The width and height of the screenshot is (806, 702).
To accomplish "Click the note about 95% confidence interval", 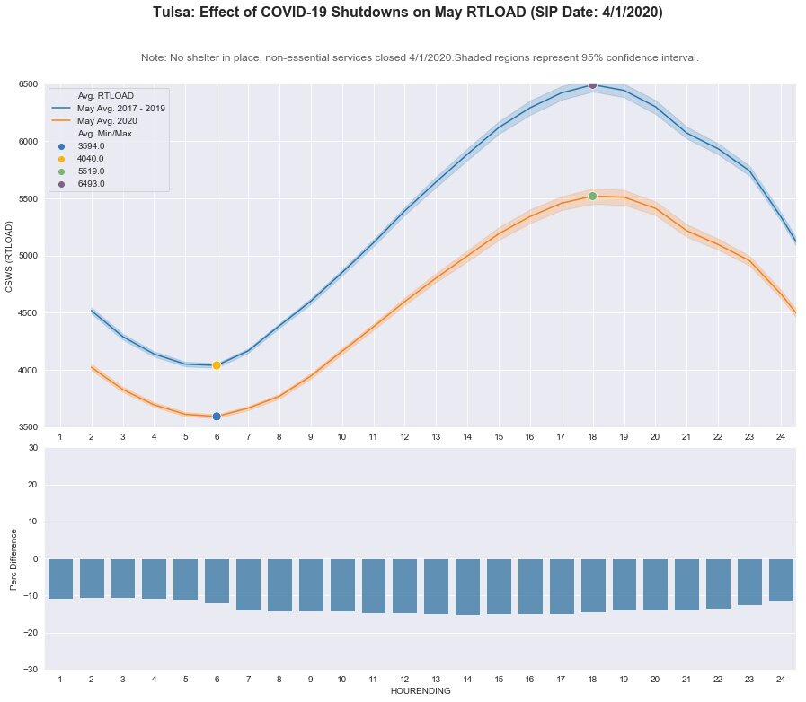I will [x=420, y=57].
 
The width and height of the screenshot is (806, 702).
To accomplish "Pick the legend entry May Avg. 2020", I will [x=107, y=120].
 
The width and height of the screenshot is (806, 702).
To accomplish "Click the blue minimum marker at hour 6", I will [x=217, y=416].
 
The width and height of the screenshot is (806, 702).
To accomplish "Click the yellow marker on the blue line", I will [x=217, y=365].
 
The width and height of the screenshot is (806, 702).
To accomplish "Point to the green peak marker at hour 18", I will [x=592, y=196].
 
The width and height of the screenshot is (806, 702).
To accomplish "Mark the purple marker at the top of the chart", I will [x=592, y=84].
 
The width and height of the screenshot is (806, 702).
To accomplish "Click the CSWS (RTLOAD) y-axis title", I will [x=10, y=256].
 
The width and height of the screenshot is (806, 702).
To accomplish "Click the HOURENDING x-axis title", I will [x=420, y=691].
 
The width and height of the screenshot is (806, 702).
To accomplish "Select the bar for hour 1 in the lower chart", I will [x=60, y=578].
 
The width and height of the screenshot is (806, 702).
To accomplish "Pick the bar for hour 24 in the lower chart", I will [x=781, y=580].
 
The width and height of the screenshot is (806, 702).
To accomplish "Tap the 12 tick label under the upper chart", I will [x=404, y=436].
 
